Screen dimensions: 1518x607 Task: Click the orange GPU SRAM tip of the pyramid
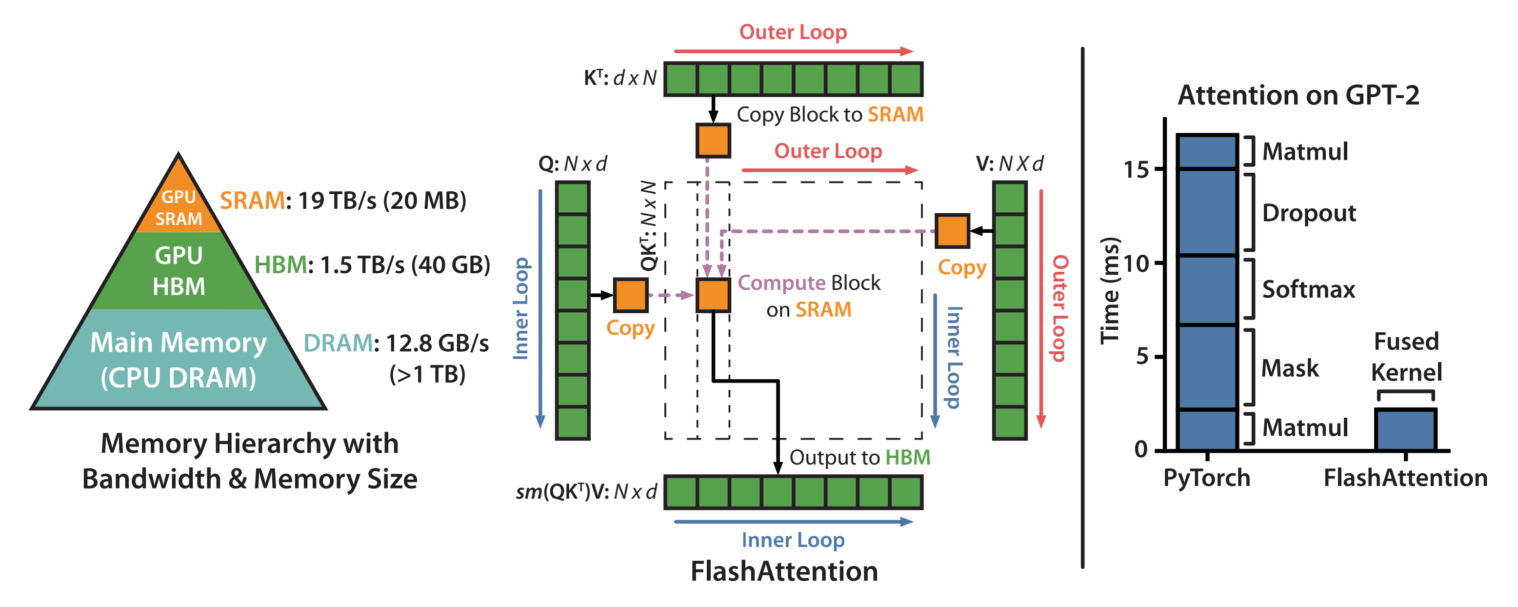(x=179, y=201)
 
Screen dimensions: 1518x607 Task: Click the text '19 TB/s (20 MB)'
(x=382, y=201)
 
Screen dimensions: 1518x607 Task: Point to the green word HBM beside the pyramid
(x=280, y=265)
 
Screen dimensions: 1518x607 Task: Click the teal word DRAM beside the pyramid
(x=338, y=343)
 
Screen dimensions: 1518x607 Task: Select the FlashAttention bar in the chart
(x=1405, y=429)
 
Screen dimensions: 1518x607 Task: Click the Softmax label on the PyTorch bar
(x=1308, y=289)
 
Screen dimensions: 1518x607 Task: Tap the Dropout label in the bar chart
(x=1309, y=213)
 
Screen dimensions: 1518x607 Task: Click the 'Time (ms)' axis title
(x=1110, y=290)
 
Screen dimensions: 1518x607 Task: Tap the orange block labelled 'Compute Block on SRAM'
(x=713, y=295)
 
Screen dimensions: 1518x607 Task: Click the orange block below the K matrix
(x=713, y=140)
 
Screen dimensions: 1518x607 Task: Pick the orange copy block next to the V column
(x=952, y=231)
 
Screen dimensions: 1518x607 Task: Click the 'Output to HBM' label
(x=860, y=457)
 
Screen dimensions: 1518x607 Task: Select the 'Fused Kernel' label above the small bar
(x=1407, y=357)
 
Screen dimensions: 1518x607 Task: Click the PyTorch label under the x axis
(x=1207, y=478)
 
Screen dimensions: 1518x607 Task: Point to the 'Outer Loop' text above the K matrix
(x=793, y=32)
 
